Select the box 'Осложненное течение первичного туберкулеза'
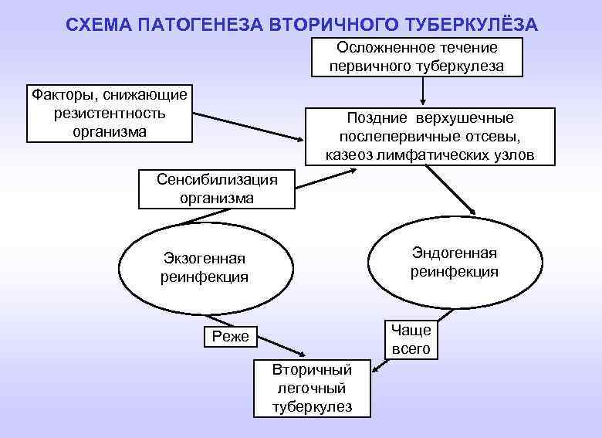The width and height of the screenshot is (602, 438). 417,56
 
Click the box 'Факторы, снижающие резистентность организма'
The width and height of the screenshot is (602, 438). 109,114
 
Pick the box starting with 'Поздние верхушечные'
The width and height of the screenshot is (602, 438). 430,136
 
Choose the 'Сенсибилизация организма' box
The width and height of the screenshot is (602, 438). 216,188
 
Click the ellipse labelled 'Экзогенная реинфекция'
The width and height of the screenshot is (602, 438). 205,267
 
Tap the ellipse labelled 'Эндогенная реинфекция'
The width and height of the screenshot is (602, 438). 455,262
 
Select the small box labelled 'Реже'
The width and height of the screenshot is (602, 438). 230,336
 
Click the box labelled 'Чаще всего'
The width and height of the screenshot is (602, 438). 411,339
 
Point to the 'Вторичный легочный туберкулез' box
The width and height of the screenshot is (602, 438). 312,388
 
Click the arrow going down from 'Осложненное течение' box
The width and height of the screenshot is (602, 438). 422,91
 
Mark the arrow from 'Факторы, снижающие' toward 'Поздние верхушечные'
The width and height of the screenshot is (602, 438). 247,127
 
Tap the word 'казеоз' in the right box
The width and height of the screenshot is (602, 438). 348,155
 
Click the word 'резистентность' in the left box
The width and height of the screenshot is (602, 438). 109,114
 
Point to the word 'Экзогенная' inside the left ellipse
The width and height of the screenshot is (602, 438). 205,259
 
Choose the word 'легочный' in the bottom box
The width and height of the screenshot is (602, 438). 312,388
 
